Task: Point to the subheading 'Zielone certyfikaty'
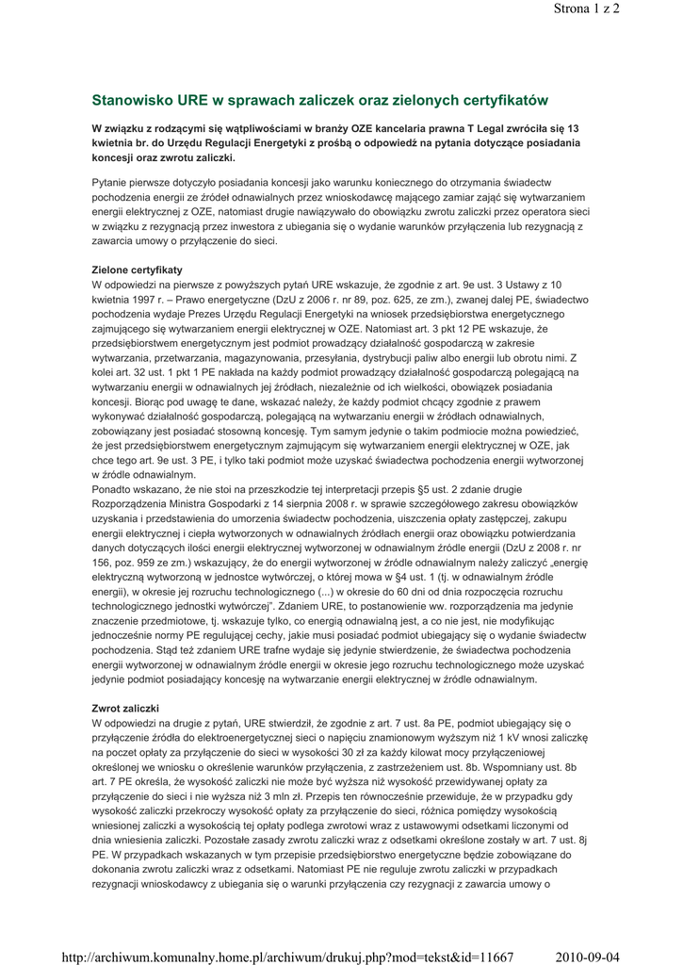[x=137, y=270]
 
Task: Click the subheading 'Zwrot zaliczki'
[x=124, y=707]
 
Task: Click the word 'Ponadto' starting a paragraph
[x=113, y=489]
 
